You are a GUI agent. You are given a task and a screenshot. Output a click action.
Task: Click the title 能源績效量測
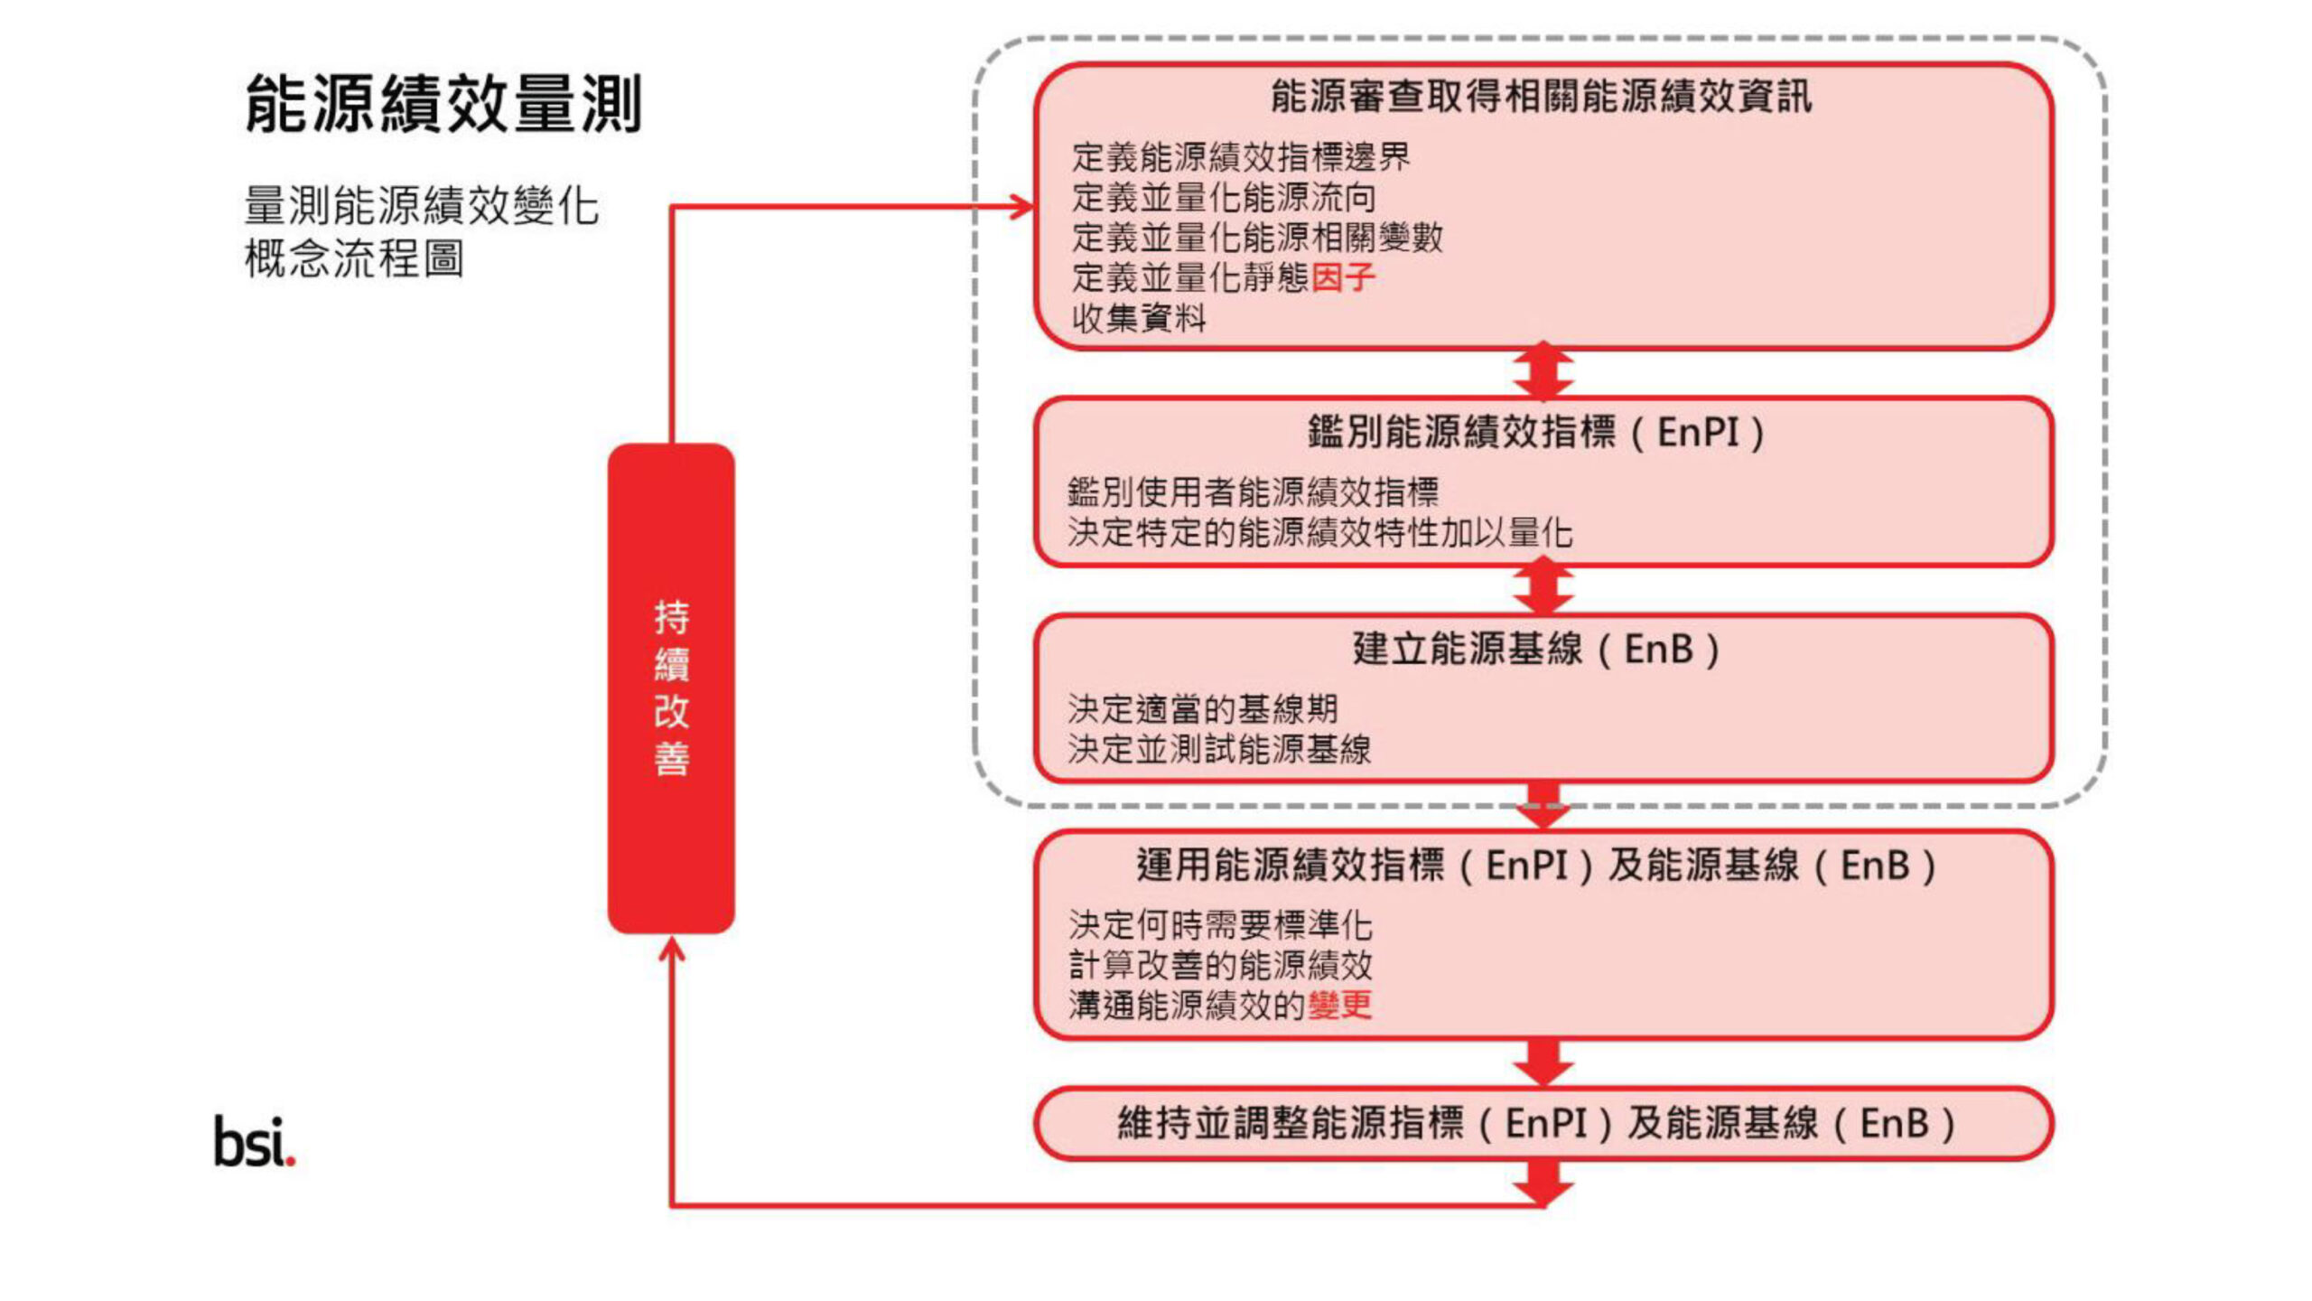443,104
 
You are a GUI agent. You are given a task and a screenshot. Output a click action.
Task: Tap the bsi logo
254,1142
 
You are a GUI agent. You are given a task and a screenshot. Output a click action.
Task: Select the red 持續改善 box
671,688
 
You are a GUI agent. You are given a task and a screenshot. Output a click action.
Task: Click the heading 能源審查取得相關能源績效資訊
1541,97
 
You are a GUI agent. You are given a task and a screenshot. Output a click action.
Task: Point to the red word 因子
1343,277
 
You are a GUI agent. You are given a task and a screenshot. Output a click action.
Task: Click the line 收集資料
1139,318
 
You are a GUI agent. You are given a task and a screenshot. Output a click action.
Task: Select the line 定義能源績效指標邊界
1241,157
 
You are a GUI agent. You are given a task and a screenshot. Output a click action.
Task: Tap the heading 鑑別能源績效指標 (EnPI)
1535,432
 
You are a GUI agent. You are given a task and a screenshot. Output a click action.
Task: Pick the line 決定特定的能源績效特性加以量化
1319,532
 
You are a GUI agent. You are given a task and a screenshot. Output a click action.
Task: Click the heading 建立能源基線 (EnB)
1535,649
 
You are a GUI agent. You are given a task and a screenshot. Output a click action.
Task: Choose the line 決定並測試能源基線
1219,749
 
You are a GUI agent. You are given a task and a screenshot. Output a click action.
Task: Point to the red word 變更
1340,1005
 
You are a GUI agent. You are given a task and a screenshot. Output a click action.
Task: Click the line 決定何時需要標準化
1220,924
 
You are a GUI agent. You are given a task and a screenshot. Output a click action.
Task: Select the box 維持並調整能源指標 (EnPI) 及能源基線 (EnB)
1543,1124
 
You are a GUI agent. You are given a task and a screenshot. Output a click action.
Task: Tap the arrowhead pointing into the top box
1022,207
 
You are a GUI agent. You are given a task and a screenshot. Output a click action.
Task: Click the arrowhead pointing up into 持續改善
671,949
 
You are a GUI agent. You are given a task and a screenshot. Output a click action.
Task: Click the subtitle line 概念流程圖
354,259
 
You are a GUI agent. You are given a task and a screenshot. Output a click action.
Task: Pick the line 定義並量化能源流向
1224,197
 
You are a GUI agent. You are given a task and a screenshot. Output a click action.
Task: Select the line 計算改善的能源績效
1220,965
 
